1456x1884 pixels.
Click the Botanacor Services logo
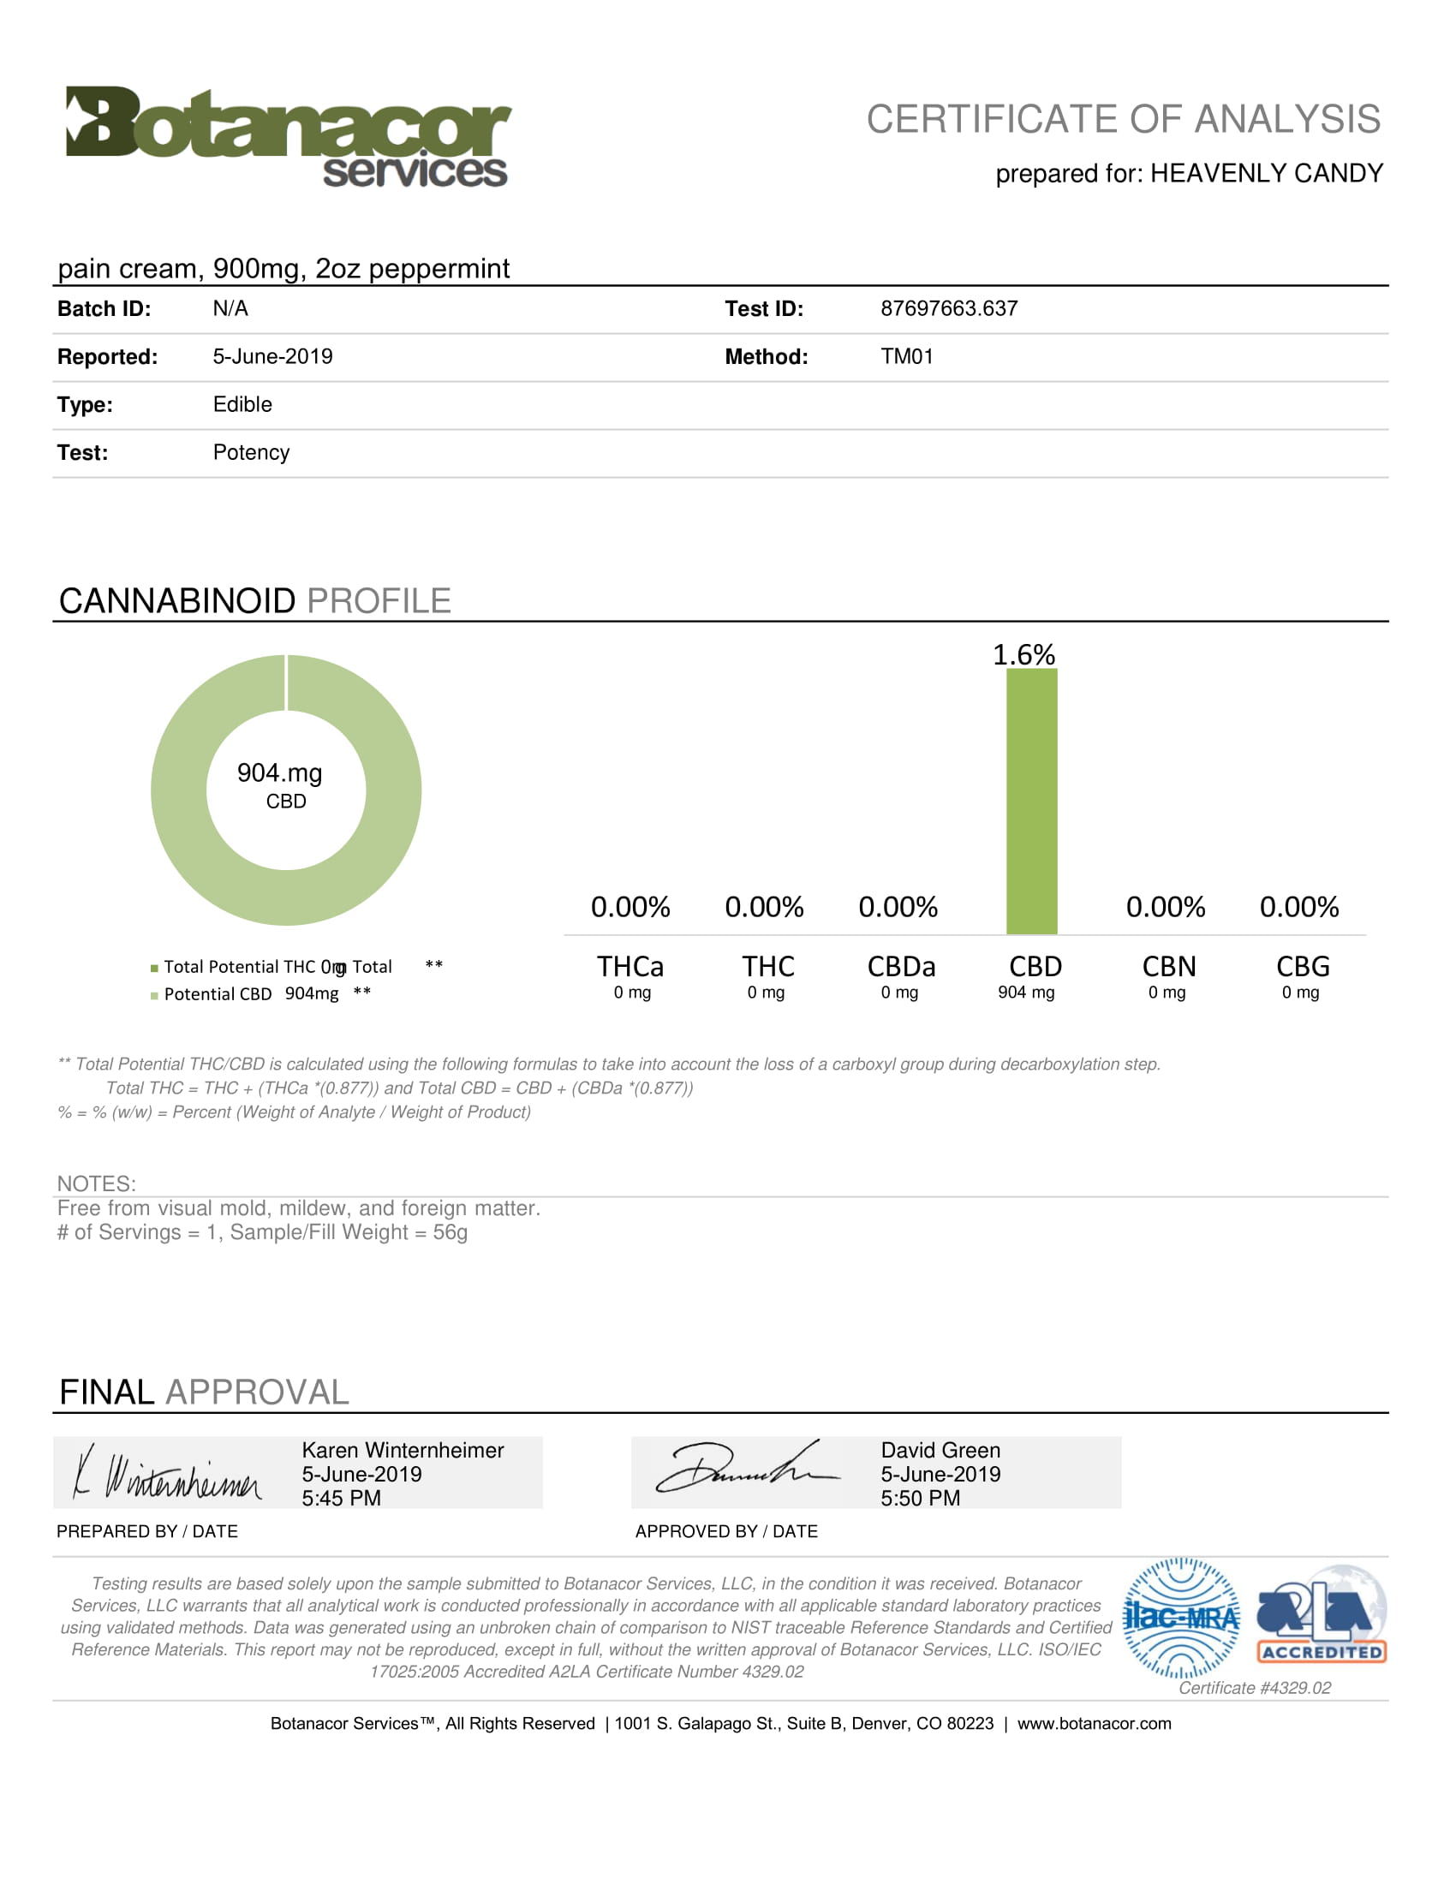(x=288, y=136)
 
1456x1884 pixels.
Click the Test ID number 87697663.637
(x=948, y=309)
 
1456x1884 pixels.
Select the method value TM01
(x=905, y=356)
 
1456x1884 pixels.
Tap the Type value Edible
(x=242, y=404)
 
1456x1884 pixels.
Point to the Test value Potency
(x=251, y=453)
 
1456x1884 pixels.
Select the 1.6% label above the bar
(x=1023, y=655)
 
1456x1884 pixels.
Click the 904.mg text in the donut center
(x=279, y=773)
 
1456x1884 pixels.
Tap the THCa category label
(x=630, y=966)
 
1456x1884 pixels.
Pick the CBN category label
(x=1169, y=966)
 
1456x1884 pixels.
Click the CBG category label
(x=1303, y=966)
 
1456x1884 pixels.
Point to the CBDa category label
(x=900, y=966)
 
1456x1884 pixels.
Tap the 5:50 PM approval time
(x=920, y=1499)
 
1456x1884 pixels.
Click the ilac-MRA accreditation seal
(x=1181, y=1618)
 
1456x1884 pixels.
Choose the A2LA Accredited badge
(x=1321, y=1616)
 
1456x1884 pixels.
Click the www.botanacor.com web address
(x=1094, y=1724)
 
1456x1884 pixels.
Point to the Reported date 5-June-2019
(x=272, y=356)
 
